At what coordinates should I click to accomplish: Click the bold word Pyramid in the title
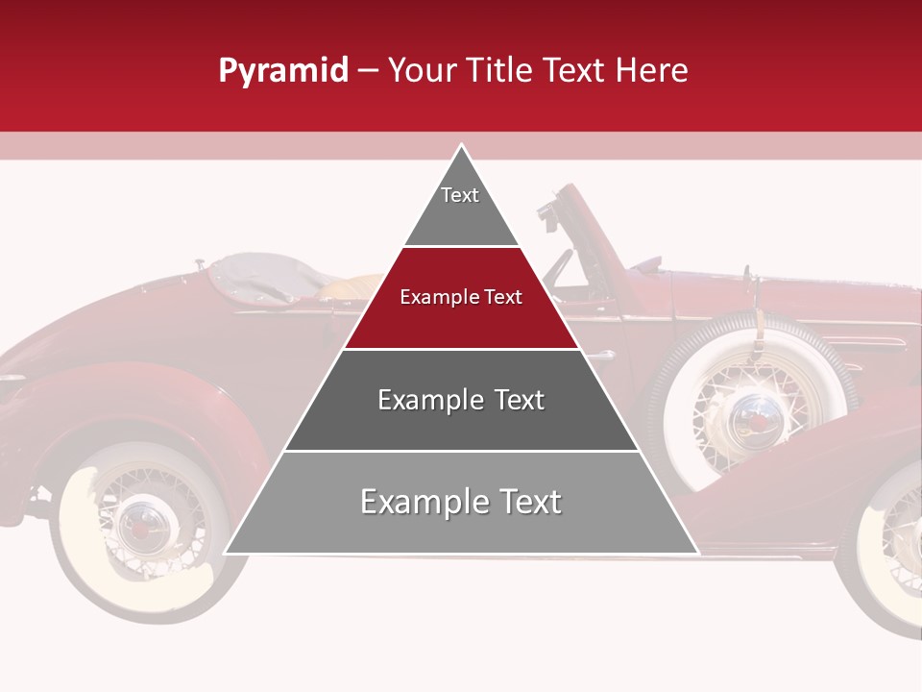pos(283,71)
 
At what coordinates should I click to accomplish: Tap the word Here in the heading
pos(652,71)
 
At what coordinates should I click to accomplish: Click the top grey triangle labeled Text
pos(461,202)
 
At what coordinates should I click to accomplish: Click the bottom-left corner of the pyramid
pos(227,553)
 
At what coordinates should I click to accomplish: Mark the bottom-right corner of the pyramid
pos(696,553)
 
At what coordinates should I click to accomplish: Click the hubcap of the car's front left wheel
pos(144,524)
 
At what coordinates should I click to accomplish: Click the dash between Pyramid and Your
pos(368,71)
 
